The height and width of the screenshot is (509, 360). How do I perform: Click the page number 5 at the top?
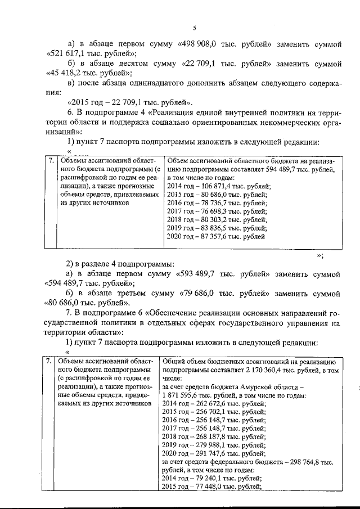point(193,28)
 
